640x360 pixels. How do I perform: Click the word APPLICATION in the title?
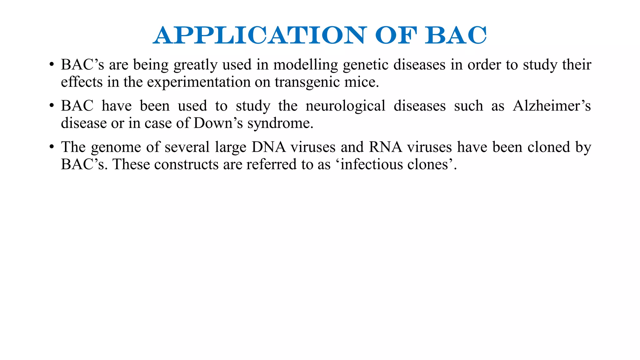(x=259, y=35)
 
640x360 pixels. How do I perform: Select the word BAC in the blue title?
(x=455, y=35)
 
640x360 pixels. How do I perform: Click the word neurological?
(x=345, y=106)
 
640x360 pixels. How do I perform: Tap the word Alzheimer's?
(x=552, y=106)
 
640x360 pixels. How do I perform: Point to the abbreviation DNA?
(x=268, y=147)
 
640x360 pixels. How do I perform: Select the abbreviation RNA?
(x=385, y=147)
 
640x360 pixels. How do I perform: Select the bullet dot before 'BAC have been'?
(x=52, y=106)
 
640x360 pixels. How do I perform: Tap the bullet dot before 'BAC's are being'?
(x=52, y=65)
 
